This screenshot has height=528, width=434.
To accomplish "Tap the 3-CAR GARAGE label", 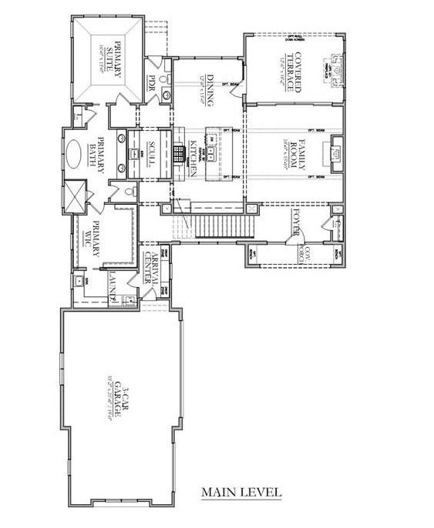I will point(113,399).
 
